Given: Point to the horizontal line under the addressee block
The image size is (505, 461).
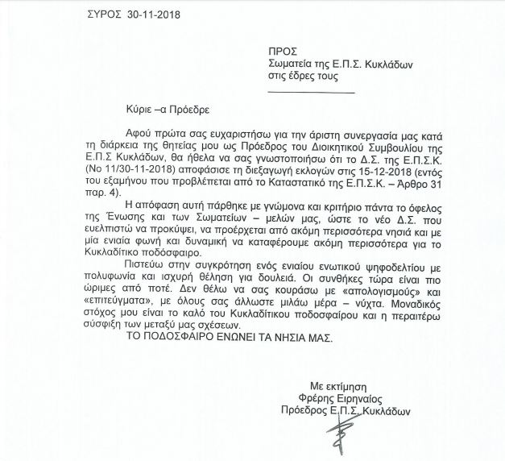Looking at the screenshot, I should pos(310,92).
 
